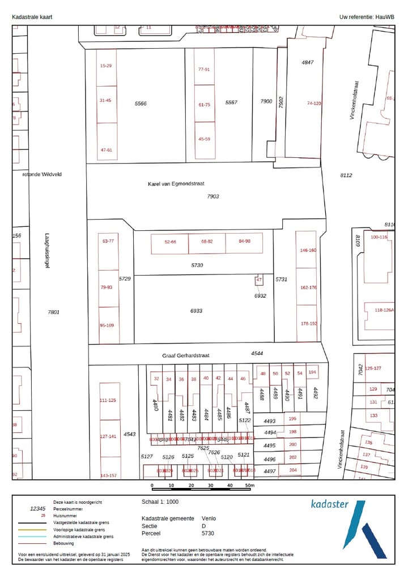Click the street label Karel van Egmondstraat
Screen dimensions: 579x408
tap(176, 184)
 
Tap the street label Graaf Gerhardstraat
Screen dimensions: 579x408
tap(186, 356)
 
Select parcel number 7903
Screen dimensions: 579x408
tap(212, 196)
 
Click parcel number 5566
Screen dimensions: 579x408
tap(141, 104)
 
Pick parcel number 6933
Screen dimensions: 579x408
tap(196, 311)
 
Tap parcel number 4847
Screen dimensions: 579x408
tap(308, 62)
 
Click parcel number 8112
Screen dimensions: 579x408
tap(346, 175)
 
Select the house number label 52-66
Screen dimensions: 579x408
tap(171, 242)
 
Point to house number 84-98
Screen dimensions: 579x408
tap(244, 242)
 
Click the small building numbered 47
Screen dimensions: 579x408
tap(259, 280)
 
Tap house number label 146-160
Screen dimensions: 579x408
tap(308, 250)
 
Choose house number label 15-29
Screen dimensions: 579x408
tap(105, 66)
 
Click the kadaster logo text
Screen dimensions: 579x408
tap(330, 504)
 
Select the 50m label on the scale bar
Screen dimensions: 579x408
tap(250, 486)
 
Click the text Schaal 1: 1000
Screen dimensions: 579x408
tap(160, 501)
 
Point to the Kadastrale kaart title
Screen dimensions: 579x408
tap(32, 17)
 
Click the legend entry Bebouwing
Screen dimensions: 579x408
tap(63, 543)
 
